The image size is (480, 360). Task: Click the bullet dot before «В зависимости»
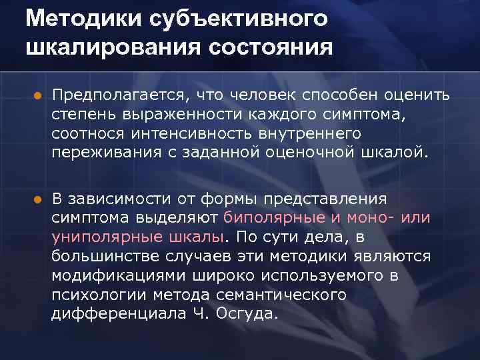tap(37, 199)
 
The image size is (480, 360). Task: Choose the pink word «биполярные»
tap(275, 217)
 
